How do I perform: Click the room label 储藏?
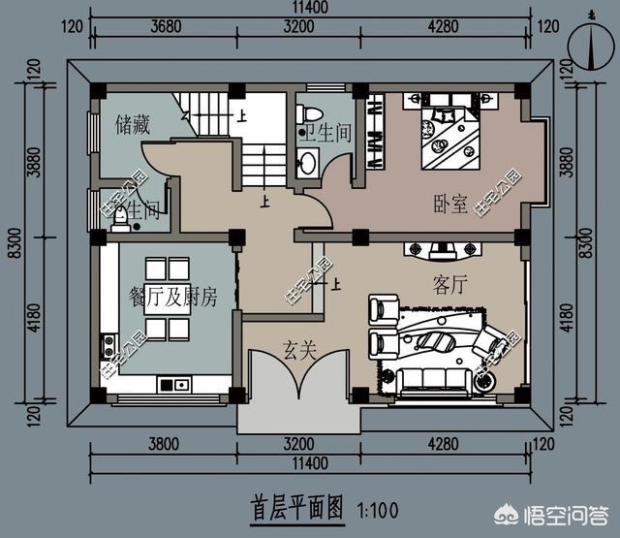click(132, 124)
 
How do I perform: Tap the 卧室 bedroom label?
click(450, 205)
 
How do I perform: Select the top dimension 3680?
click(166, 27)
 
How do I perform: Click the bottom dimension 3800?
click(166, 447)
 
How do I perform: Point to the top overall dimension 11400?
click(308, 9)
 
